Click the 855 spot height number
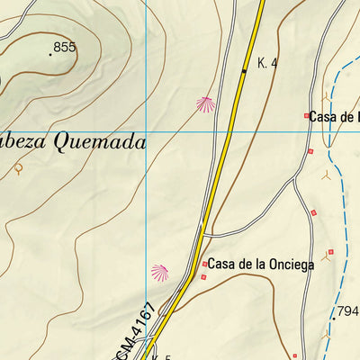pos(65,47)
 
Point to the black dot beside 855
pos(49,54)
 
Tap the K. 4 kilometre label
pos(266,63)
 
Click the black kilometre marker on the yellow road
pos(244,69)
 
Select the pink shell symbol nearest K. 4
pos(206,104)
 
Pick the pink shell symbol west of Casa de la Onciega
pos(160,270)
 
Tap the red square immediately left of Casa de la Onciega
pos(205,265)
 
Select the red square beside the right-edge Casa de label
pos(306,116)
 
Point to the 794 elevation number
pos(347,312)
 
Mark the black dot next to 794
pos(332,318)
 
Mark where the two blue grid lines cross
pos(146,132)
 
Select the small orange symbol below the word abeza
pos(18,168)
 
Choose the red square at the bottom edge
pos(293,356)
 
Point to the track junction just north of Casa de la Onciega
pos(202,235)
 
